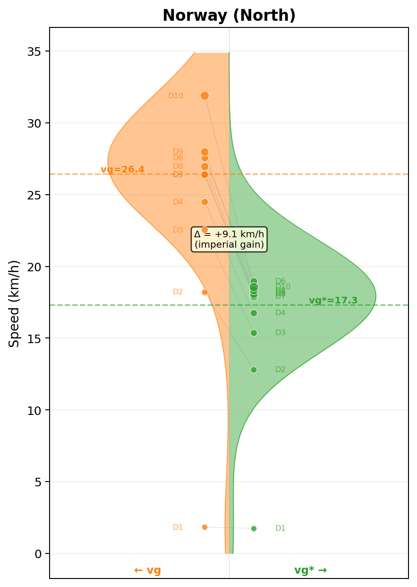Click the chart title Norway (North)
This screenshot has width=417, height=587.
pos(229,16)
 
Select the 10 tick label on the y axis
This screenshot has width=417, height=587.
pos(34,410)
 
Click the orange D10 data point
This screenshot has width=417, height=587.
pos(204,95)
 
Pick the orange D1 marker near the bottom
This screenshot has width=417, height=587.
pos(204,527)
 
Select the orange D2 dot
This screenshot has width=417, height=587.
pos(204,292)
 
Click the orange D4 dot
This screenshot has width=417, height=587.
pos(204,202)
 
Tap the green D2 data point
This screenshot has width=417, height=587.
pos(254,370)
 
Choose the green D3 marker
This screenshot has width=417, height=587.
pos(254,333)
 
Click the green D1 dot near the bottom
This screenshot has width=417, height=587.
pos(254,528)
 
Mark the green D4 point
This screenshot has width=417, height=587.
pos(254,313)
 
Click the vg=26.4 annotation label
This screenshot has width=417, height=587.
pos(122,170)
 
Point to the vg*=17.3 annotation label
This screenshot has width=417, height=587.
pos(333,301)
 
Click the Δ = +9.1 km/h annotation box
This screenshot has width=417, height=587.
pos(229,239)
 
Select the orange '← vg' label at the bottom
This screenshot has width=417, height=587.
pos(147,570)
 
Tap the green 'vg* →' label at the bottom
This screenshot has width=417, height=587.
pos(310,570)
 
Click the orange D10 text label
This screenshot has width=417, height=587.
pos(176,96)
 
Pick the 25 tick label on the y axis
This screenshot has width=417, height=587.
pos(34,195)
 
